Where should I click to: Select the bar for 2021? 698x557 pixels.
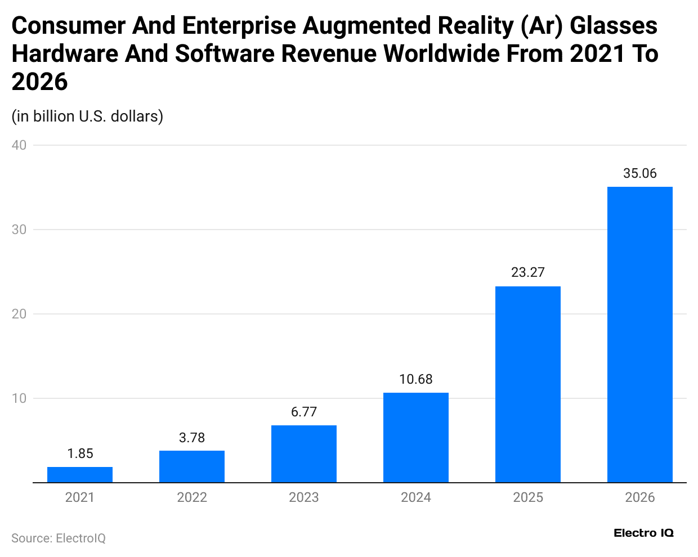tap(80, 475)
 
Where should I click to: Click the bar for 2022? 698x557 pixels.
tap(192, 466)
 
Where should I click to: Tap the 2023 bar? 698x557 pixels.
tap(304, 454)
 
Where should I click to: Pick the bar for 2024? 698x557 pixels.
tap(416, 438)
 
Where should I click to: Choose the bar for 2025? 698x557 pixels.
tap(528, 384)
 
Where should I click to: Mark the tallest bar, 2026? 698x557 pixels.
tap(640, 335)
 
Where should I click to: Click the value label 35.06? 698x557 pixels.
tap(640, 173)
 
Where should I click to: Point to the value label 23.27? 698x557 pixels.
tap(528, 272)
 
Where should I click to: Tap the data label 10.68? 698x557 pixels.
tap(416, 379)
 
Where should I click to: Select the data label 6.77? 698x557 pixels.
tap(304, 412)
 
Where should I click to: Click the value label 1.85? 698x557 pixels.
tap(80, 453)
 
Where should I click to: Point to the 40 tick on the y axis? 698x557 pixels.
tap(19, 145)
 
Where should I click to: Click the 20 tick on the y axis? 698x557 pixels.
tap(19, 314)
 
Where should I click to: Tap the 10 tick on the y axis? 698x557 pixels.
tap(19, 398)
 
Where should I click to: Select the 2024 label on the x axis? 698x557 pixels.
tap(416, 497)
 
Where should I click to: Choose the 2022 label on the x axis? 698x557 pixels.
tap(192, 497)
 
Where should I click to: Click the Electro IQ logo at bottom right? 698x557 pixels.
tap(643, 533)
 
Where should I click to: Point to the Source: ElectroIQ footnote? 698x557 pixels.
tap(59, 538)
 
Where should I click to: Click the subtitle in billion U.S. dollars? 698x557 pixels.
tap(87, 116)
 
